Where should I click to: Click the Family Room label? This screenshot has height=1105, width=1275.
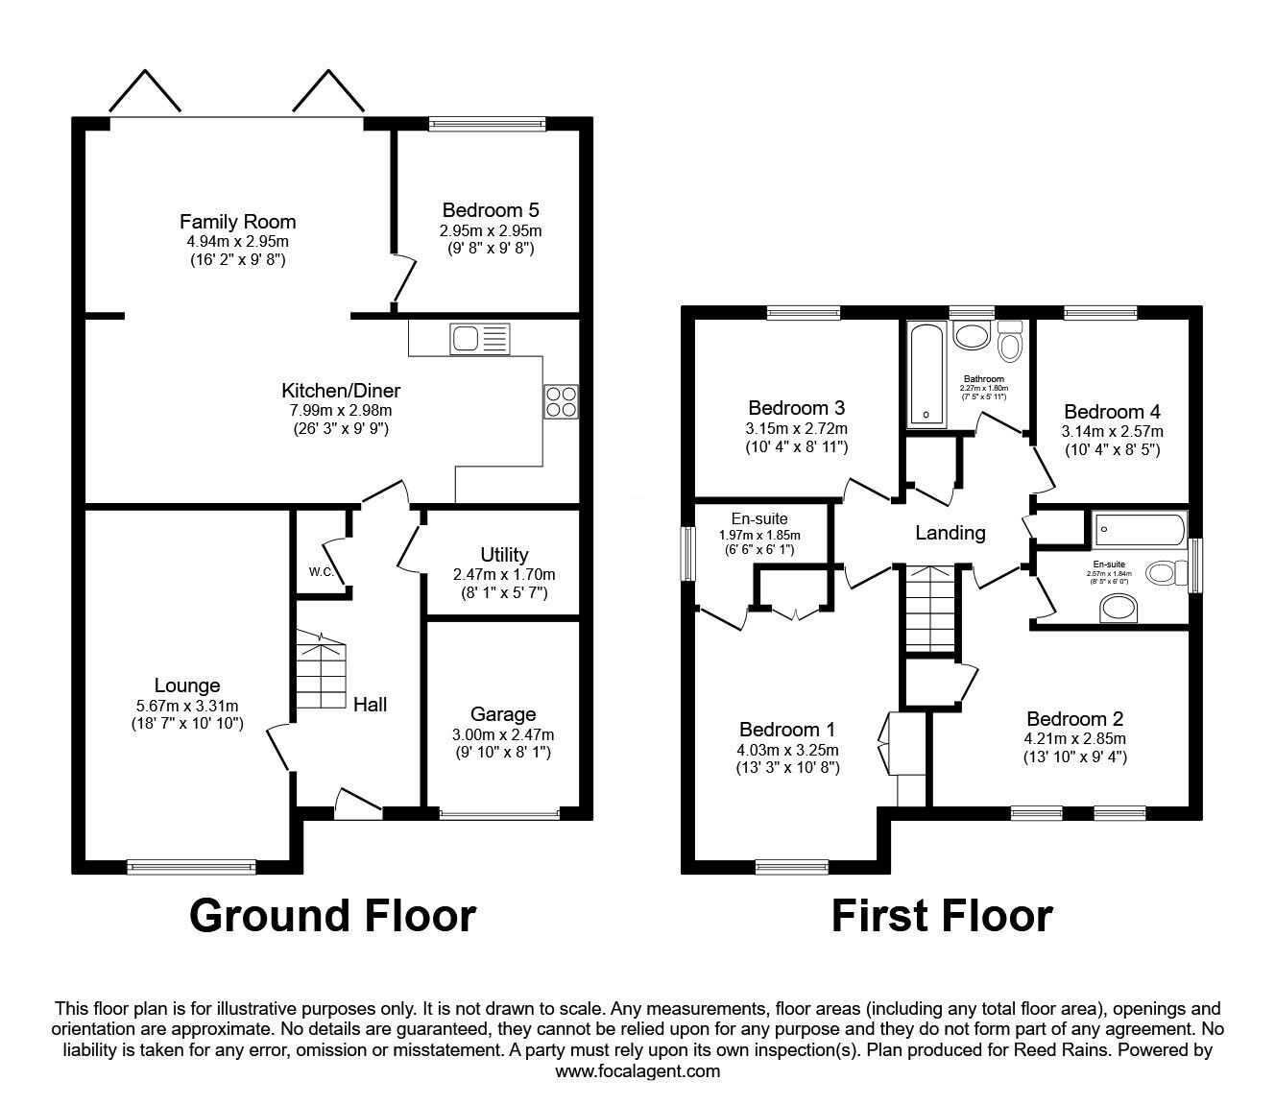tap(237, 222)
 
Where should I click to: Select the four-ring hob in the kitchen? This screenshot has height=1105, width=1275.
tap(561, 400)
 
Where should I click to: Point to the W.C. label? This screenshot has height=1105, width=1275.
tap(321, 572)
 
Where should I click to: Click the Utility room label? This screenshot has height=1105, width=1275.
tap(504, 555)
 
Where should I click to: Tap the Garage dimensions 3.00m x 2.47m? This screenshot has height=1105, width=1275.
tap(503, 734)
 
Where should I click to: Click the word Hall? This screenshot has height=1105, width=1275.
tap(370, 705)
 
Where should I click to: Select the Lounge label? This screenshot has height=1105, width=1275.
tap(187, 685)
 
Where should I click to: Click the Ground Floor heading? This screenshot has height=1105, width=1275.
tap(332, 915)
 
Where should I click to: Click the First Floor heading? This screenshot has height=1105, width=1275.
tap(941, 915)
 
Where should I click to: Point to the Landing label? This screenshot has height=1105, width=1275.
tap(950, 533)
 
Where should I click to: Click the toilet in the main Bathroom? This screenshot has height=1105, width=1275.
tap(1011, 340)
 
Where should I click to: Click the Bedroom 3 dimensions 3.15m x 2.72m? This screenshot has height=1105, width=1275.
tap(796, 429)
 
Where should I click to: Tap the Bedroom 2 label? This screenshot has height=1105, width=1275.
tap(1074, 719)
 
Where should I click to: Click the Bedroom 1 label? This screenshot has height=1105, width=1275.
tap(786, 730)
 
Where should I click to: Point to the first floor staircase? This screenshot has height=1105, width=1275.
tap(929, 610)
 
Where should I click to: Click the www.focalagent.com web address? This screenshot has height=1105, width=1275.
tap(637, 1071)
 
